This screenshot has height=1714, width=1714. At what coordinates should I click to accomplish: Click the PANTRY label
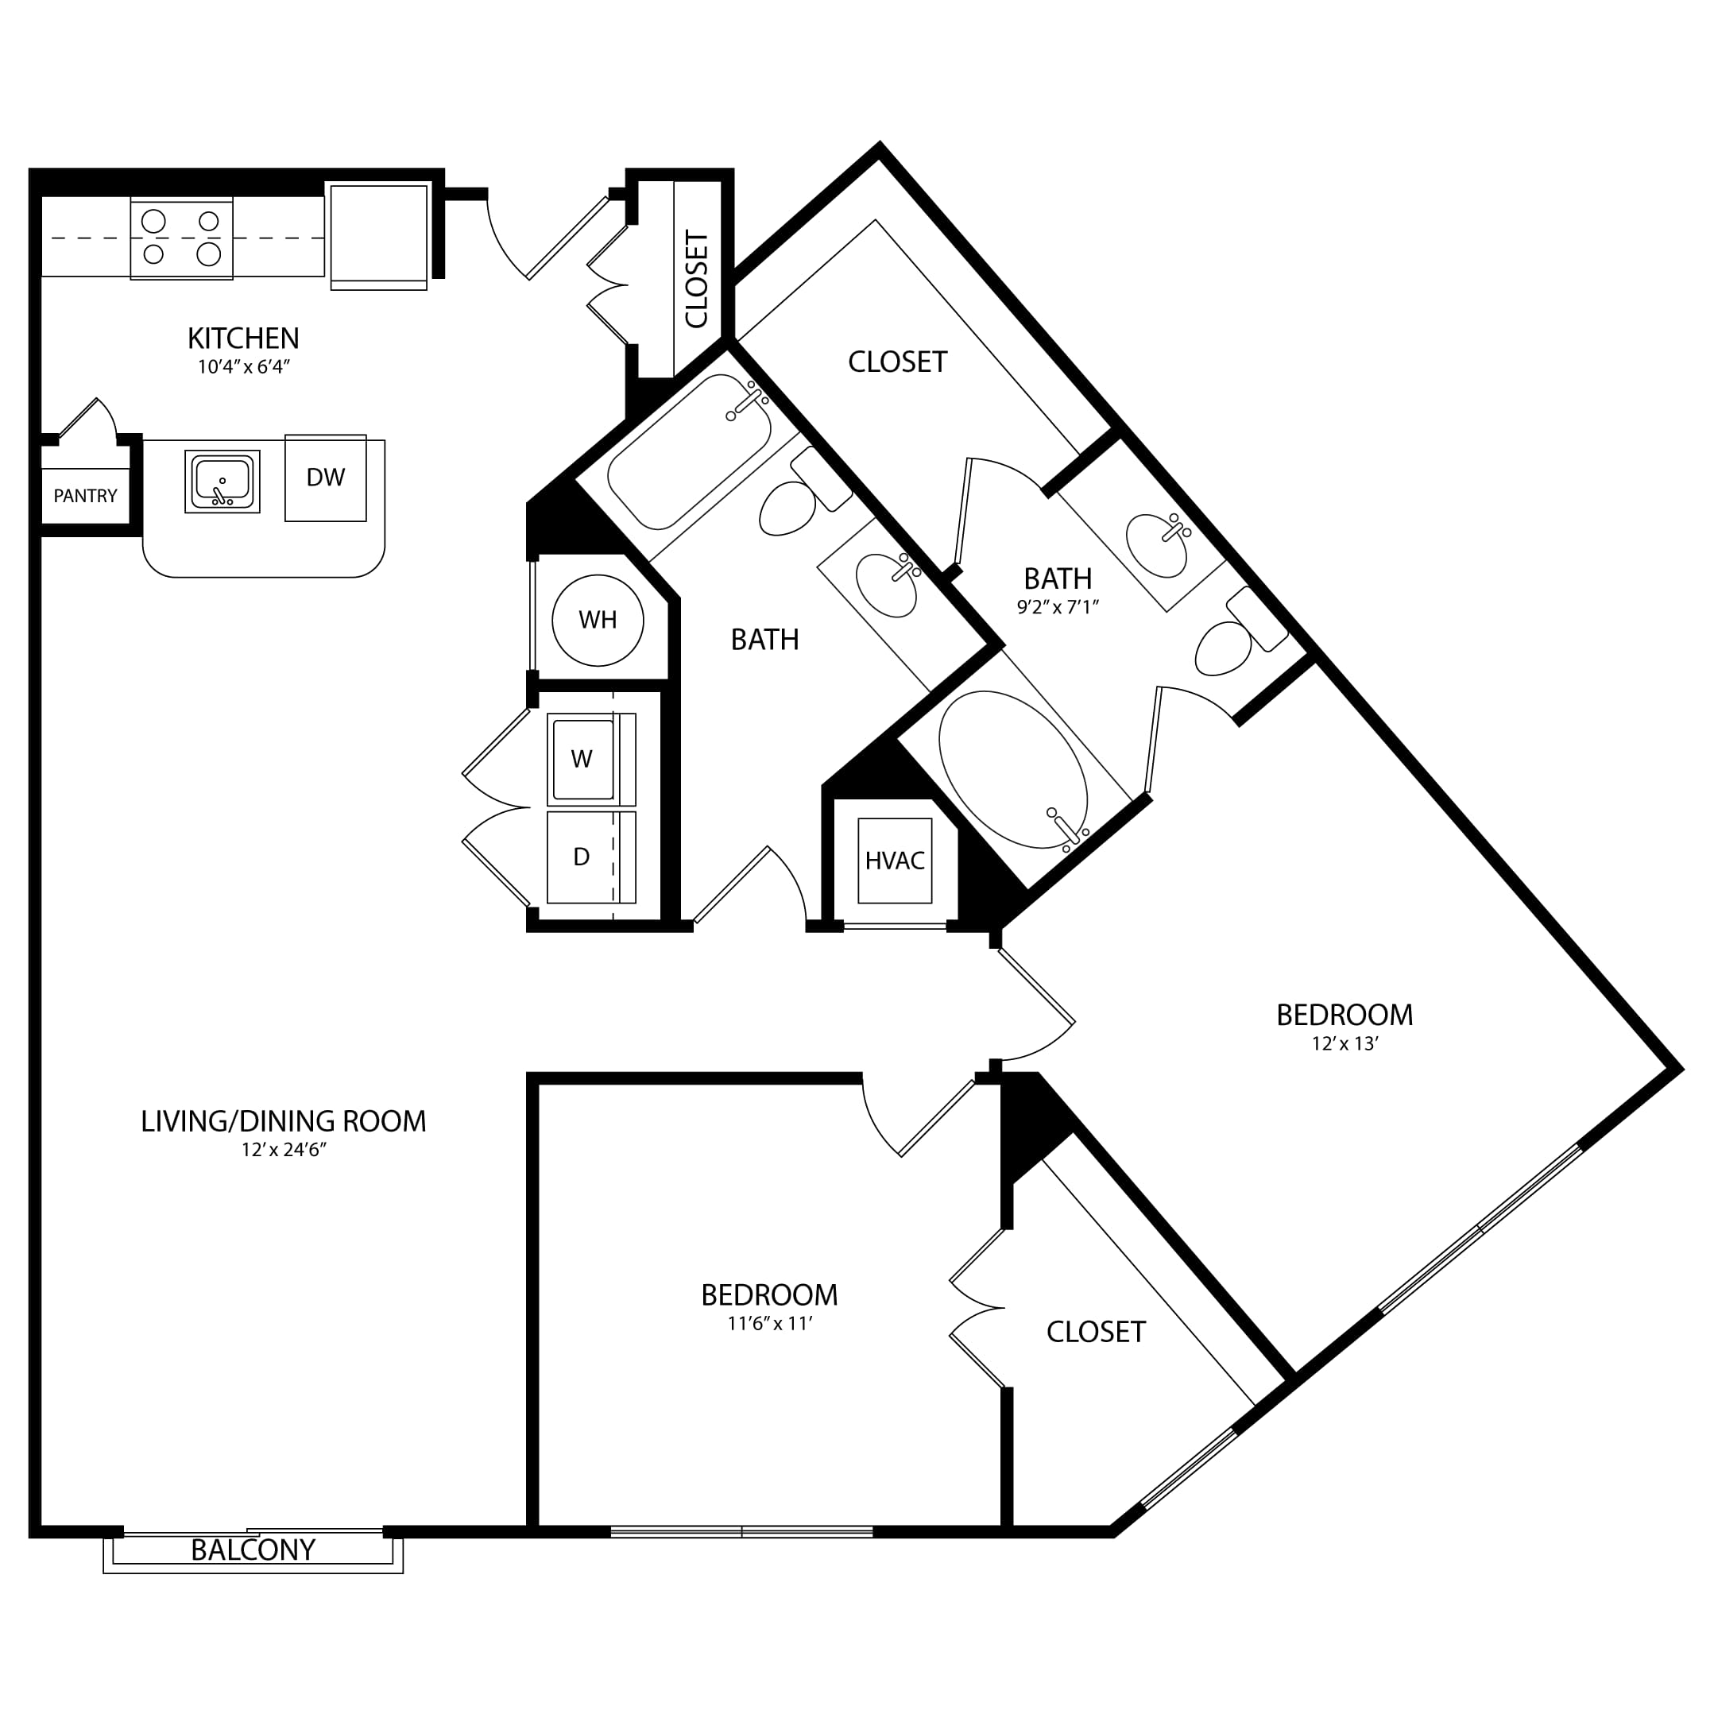[x=85, y=496]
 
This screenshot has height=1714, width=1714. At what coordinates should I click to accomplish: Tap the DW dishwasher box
[x=326, y=478]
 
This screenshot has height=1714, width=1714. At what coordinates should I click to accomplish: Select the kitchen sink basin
[x=222, y=481]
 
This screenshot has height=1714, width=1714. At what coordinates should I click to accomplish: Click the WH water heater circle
[x=598, y=619]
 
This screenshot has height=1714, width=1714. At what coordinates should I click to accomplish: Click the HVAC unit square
[x=896, y=861]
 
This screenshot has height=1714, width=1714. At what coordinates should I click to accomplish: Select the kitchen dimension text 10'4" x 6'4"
[x=244, y=367]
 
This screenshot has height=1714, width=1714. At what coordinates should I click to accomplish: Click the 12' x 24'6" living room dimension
[x=284, y=1150]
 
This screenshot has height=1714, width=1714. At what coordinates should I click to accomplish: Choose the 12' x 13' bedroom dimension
[x=1345, y=1043]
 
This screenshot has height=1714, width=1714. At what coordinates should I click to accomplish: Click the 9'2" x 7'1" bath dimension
[x=1058, y=608]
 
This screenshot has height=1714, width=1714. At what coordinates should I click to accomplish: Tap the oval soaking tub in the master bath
[x=1013, y=769]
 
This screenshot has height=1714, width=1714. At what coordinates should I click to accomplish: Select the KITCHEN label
[x=243, y=338]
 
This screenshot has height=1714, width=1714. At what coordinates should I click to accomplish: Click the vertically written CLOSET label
[x=698, y=279]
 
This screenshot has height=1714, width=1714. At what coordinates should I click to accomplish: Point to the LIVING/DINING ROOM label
[x=284, y=1121]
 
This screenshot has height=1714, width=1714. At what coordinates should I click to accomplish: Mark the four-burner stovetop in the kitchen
[x=182, y=238]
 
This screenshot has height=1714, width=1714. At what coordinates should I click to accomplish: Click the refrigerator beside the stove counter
[x=379, y=235]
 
